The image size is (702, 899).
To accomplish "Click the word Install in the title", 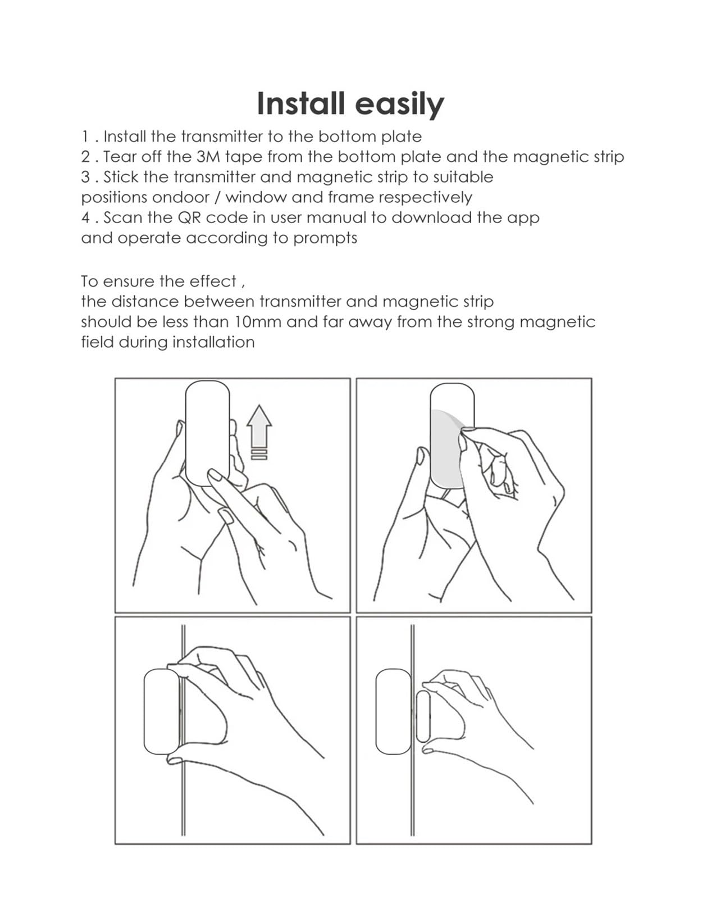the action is [x=300, y=103].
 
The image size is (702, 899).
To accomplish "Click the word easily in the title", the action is [x=400, y=105].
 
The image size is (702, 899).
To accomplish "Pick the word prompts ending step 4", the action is [x=325, y=239].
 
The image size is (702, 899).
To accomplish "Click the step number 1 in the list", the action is [x=85, y=137].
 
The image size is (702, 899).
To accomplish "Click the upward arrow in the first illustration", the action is [x=259, y=425].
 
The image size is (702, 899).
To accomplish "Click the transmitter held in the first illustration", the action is [x=208, y=433].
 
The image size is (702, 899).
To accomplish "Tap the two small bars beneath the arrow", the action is [x=259, y=453].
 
